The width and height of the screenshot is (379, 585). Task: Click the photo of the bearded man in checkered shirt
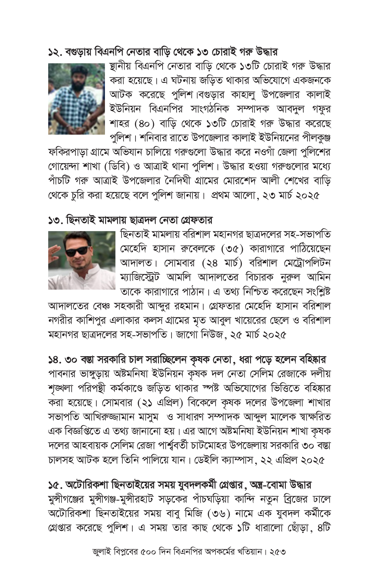tap(76, 99)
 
